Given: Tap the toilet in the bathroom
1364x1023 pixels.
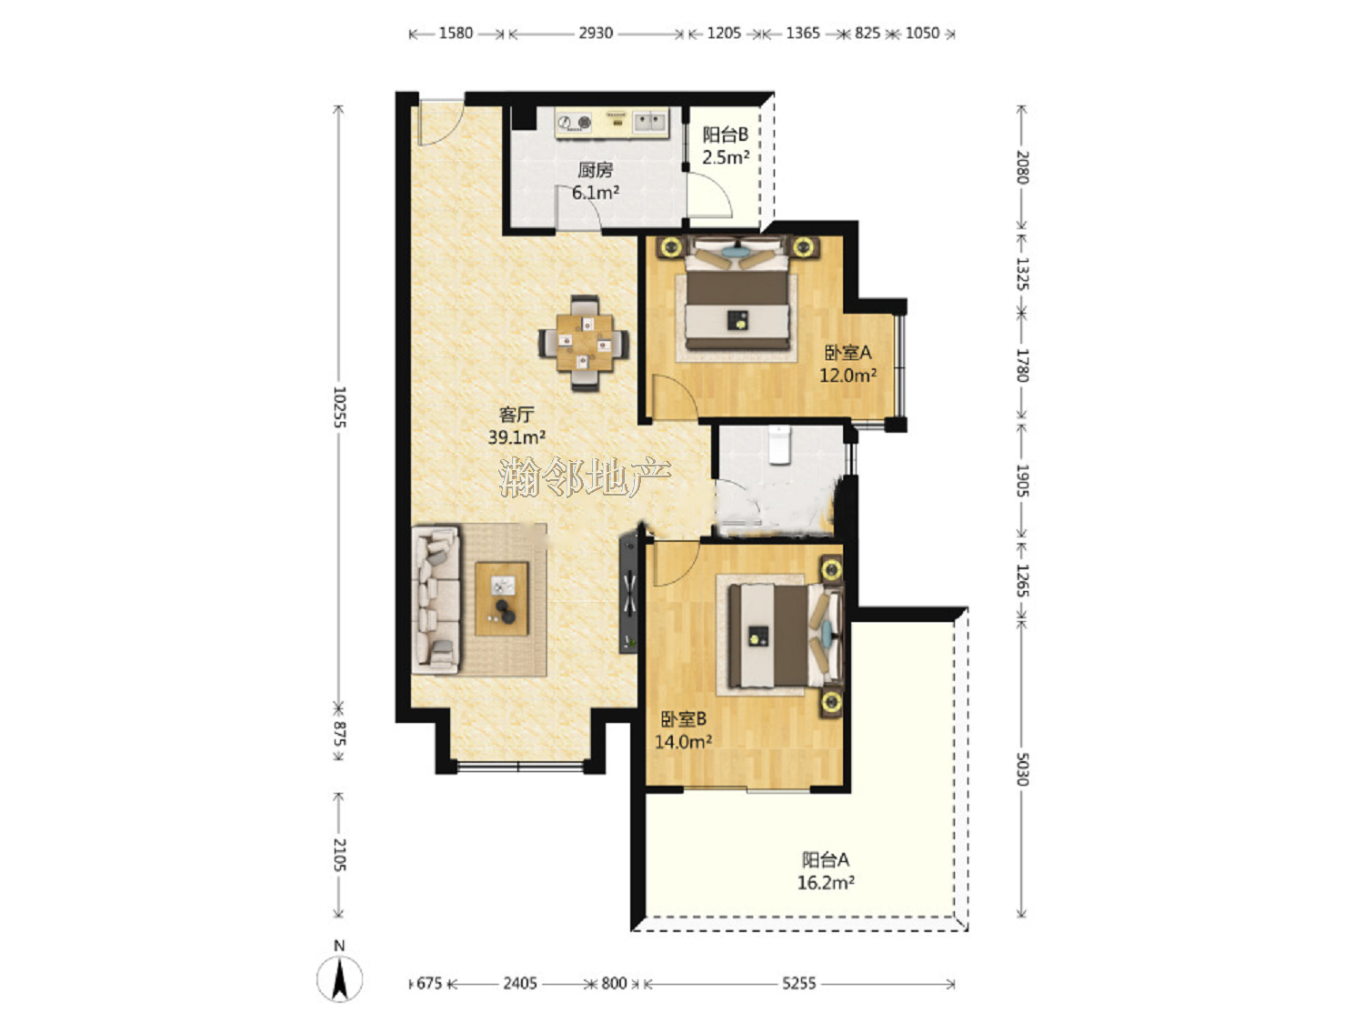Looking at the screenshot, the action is [778, 444].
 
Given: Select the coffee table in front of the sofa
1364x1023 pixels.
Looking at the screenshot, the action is [501, 598].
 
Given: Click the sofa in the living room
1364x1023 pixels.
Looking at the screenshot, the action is [436, 599].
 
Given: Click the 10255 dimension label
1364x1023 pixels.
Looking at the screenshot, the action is [339, 407].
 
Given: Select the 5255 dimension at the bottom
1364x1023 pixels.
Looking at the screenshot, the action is [798, 983].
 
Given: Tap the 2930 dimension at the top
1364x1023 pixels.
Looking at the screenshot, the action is [596, 33].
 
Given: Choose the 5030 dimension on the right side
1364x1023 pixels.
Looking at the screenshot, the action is [1022, 769].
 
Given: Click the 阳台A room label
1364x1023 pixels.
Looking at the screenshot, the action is [826, 859].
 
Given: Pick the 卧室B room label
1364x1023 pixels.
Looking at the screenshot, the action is [684, 718].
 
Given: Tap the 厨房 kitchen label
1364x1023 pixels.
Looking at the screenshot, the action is [596, 169].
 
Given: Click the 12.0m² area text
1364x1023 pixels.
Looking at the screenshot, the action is [847, 376].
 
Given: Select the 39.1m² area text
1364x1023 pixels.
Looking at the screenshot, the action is [517, 437].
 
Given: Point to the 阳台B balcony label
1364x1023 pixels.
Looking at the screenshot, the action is [725, 135].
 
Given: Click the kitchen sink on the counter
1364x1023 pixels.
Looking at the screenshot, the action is [650, 122].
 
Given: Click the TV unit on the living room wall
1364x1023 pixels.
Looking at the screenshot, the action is [629, 595].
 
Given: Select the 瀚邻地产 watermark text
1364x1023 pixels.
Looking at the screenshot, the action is [585, 477].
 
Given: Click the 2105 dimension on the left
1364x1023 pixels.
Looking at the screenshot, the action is [339, 855].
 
